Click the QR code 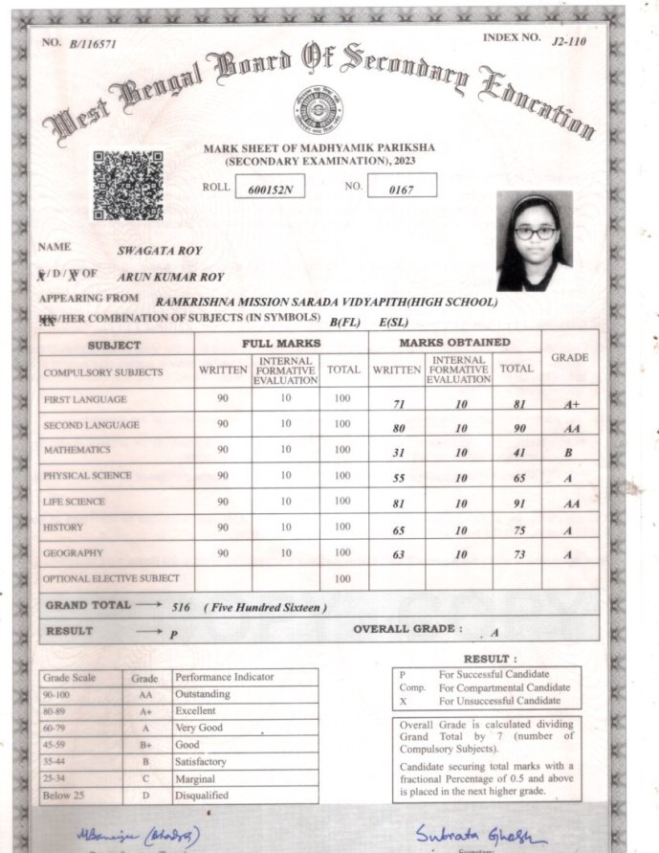point(127,185)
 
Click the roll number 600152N point(269,190)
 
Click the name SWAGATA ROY point(159,251)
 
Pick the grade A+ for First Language point(571,404)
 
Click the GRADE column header point(569,357)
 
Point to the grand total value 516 point(181,608)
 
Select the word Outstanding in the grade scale point(202,693)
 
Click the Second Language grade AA point(571,429)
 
